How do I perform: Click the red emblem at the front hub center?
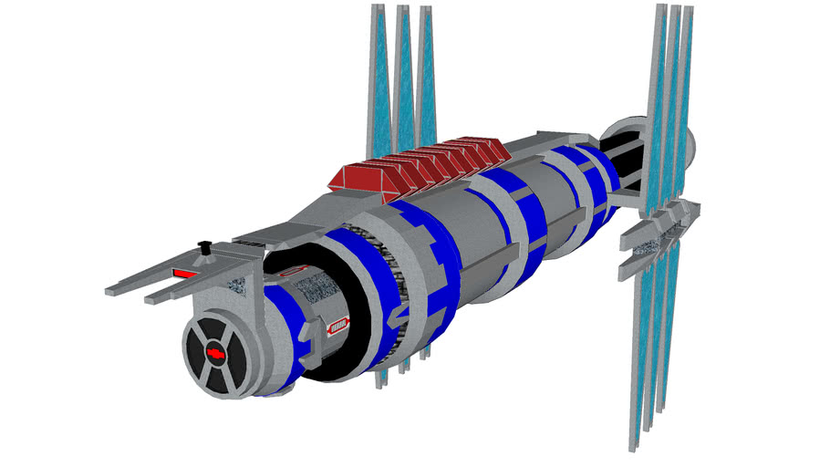(x=215, y=352)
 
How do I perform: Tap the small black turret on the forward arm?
(x=205, y=247)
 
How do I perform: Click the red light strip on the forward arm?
(x=188, y=272)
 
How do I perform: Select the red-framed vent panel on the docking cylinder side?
(x=337, y=324)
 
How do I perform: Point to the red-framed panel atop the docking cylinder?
(x=291, y=272)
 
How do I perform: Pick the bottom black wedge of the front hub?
(x=216, y=376)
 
